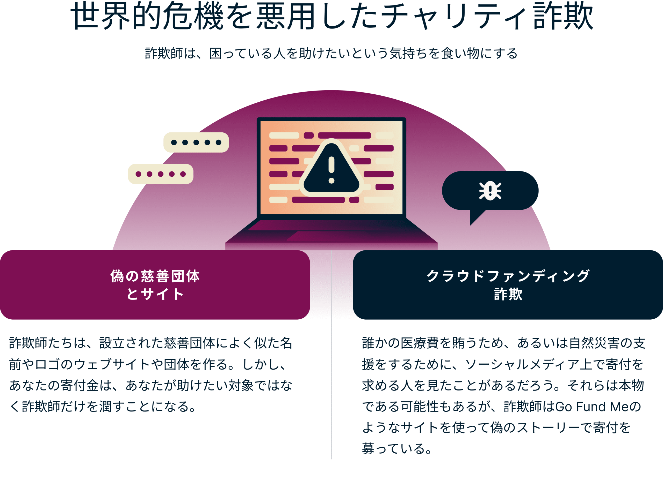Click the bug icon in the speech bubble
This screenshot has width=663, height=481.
[490, 191]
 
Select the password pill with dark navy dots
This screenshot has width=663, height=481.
[196, 142]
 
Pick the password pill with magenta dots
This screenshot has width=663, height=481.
[161, 174]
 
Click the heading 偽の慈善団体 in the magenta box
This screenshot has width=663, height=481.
[155, 276]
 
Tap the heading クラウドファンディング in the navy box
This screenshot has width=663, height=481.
[508, 276]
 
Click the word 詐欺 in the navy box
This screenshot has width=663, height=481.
[508, 294]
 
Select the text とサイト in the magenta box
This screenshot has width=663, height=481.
[155, 294]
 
